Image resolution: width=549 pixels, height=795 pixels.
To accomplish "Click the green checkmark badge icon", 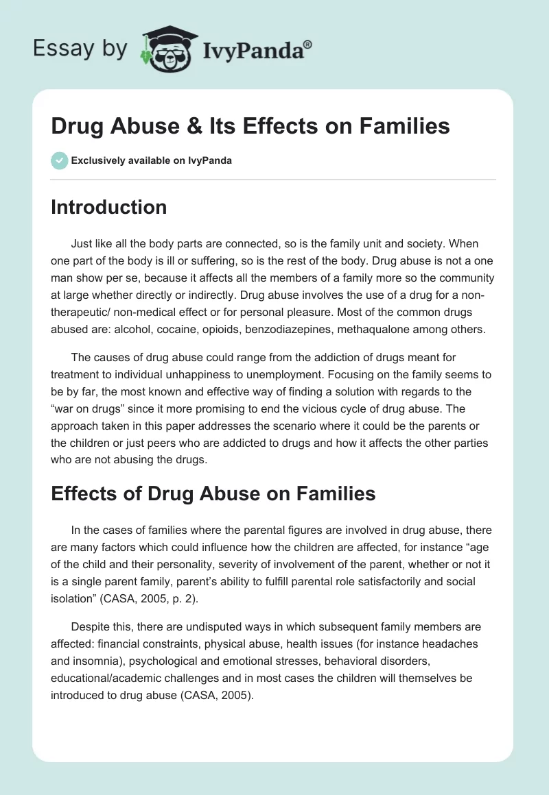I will click(58, 160).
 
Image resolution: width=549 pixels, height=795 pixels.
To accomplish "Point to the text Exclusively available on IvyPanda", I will click(151, 160).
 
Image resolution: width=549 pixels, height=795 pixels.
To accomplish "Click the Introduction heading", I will click(108, 208).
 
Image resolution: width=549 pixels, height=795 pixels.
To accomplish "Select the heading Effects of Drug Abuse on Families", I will click(213, 493).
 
